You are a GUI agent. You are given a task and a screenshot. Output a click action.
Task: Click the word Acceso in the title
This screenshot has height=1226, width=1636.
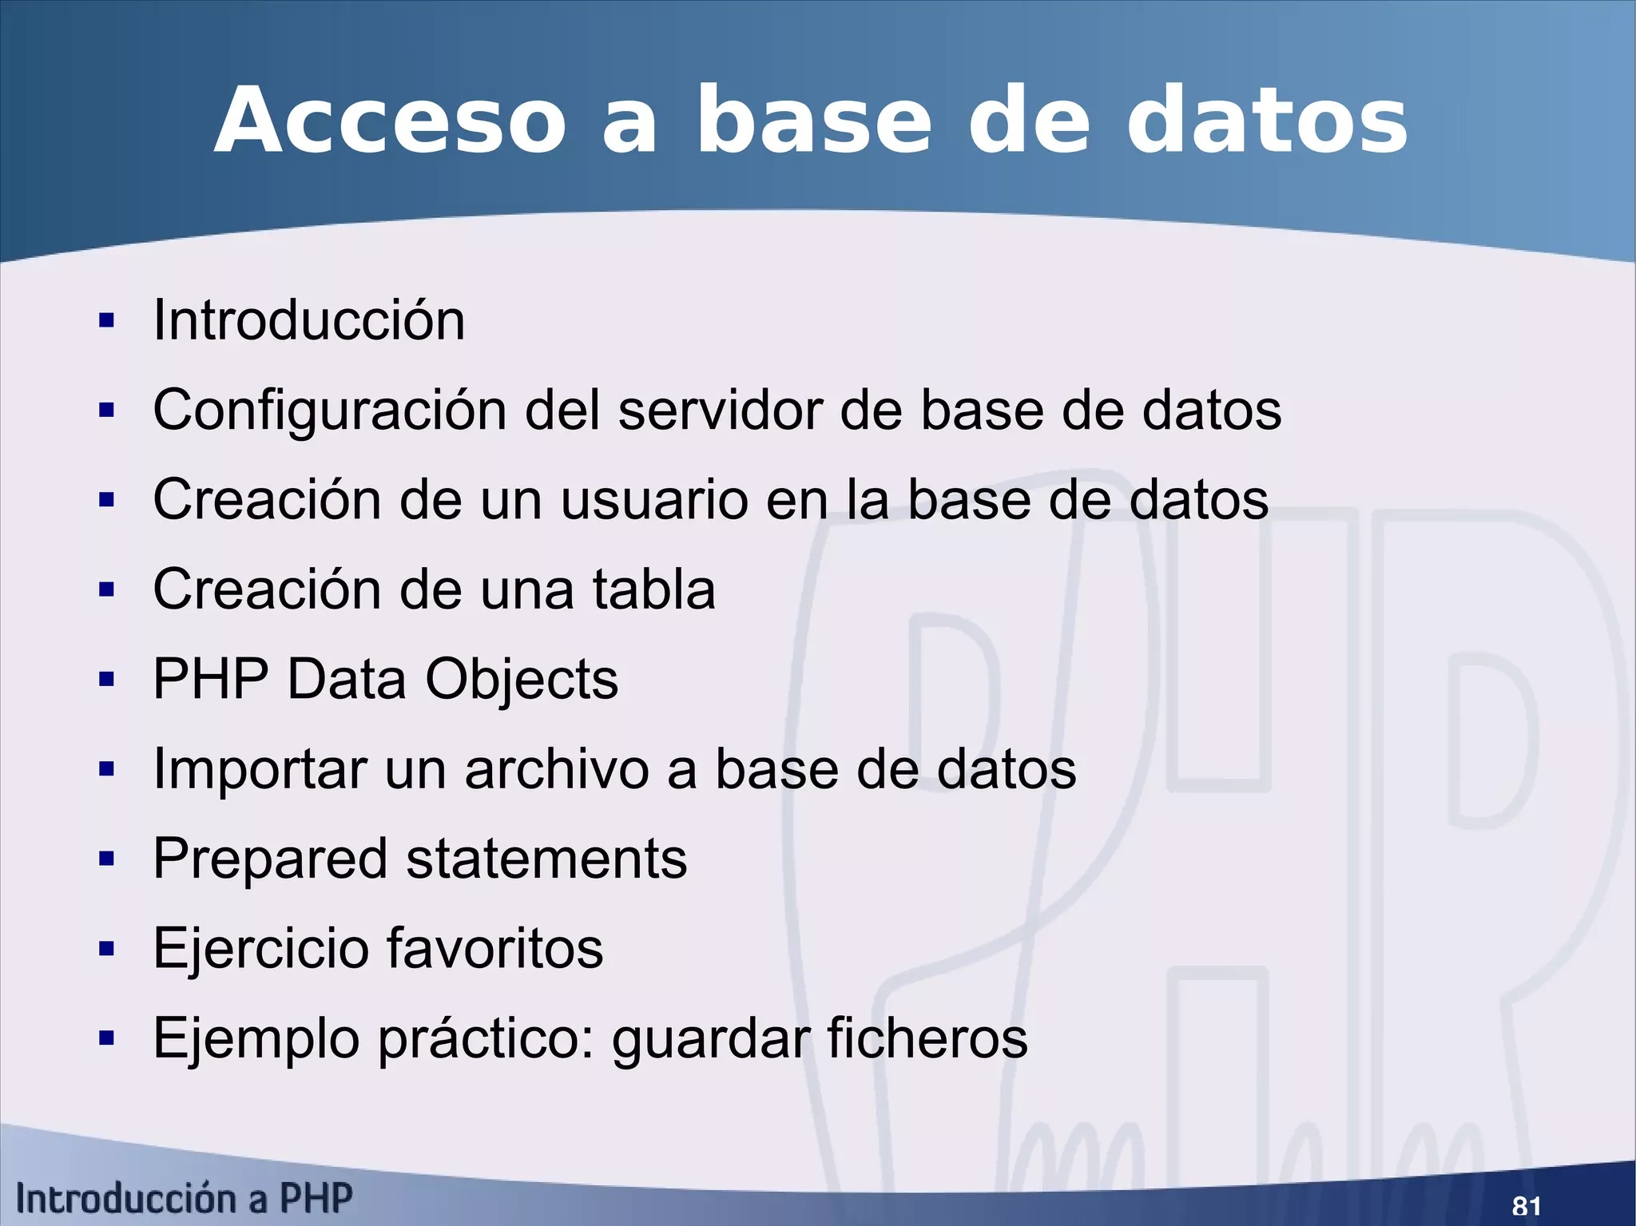(391, 122)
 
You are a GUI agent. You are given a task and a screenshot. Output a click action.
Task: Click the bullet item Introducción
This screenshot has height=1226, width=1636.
(308, 320)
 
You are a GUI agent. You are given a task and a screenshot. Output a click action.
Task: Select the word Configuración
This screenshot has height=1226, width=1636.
(330, 411)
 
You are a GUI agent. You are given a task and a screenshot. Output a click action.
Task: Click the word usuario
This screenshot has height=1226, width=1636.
(655, 500)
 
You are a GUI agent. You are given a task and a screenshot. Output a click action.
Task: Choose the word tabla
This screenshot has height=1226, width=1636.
(653, 589)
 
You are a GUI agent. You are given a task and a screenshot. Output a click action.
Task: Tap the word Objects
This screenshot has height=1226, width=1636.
(522, 680)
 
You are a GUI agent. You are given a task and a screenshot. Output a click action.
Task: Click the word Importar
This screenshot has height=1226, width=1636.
(259, 770)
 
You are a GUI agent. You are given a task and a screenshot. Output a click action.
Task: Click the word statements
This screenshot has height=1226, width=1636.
(546, 859)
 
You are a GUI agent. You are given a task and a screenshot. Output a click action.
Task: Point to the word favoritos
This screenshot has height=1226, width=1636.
(495, 949)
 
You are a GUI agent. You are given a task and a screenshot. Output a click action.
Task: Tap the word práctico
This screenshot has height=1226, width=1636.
(486, 1039)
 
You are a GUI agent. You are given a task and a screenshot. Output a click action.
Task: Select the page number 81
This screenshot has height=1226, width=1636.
(1527, 1205)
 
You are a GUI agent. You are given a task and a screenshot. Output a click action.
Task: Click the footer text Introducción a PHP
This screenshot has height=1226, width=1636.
(185, 1199)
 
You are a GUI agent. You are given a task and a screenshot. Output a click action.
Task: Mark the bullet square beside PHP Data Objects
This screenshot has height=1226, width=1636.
(106, 680)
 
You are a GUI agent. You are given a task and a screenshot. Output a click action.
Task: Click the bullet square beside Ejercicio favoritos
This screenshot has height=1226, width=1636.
(106, 950)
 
